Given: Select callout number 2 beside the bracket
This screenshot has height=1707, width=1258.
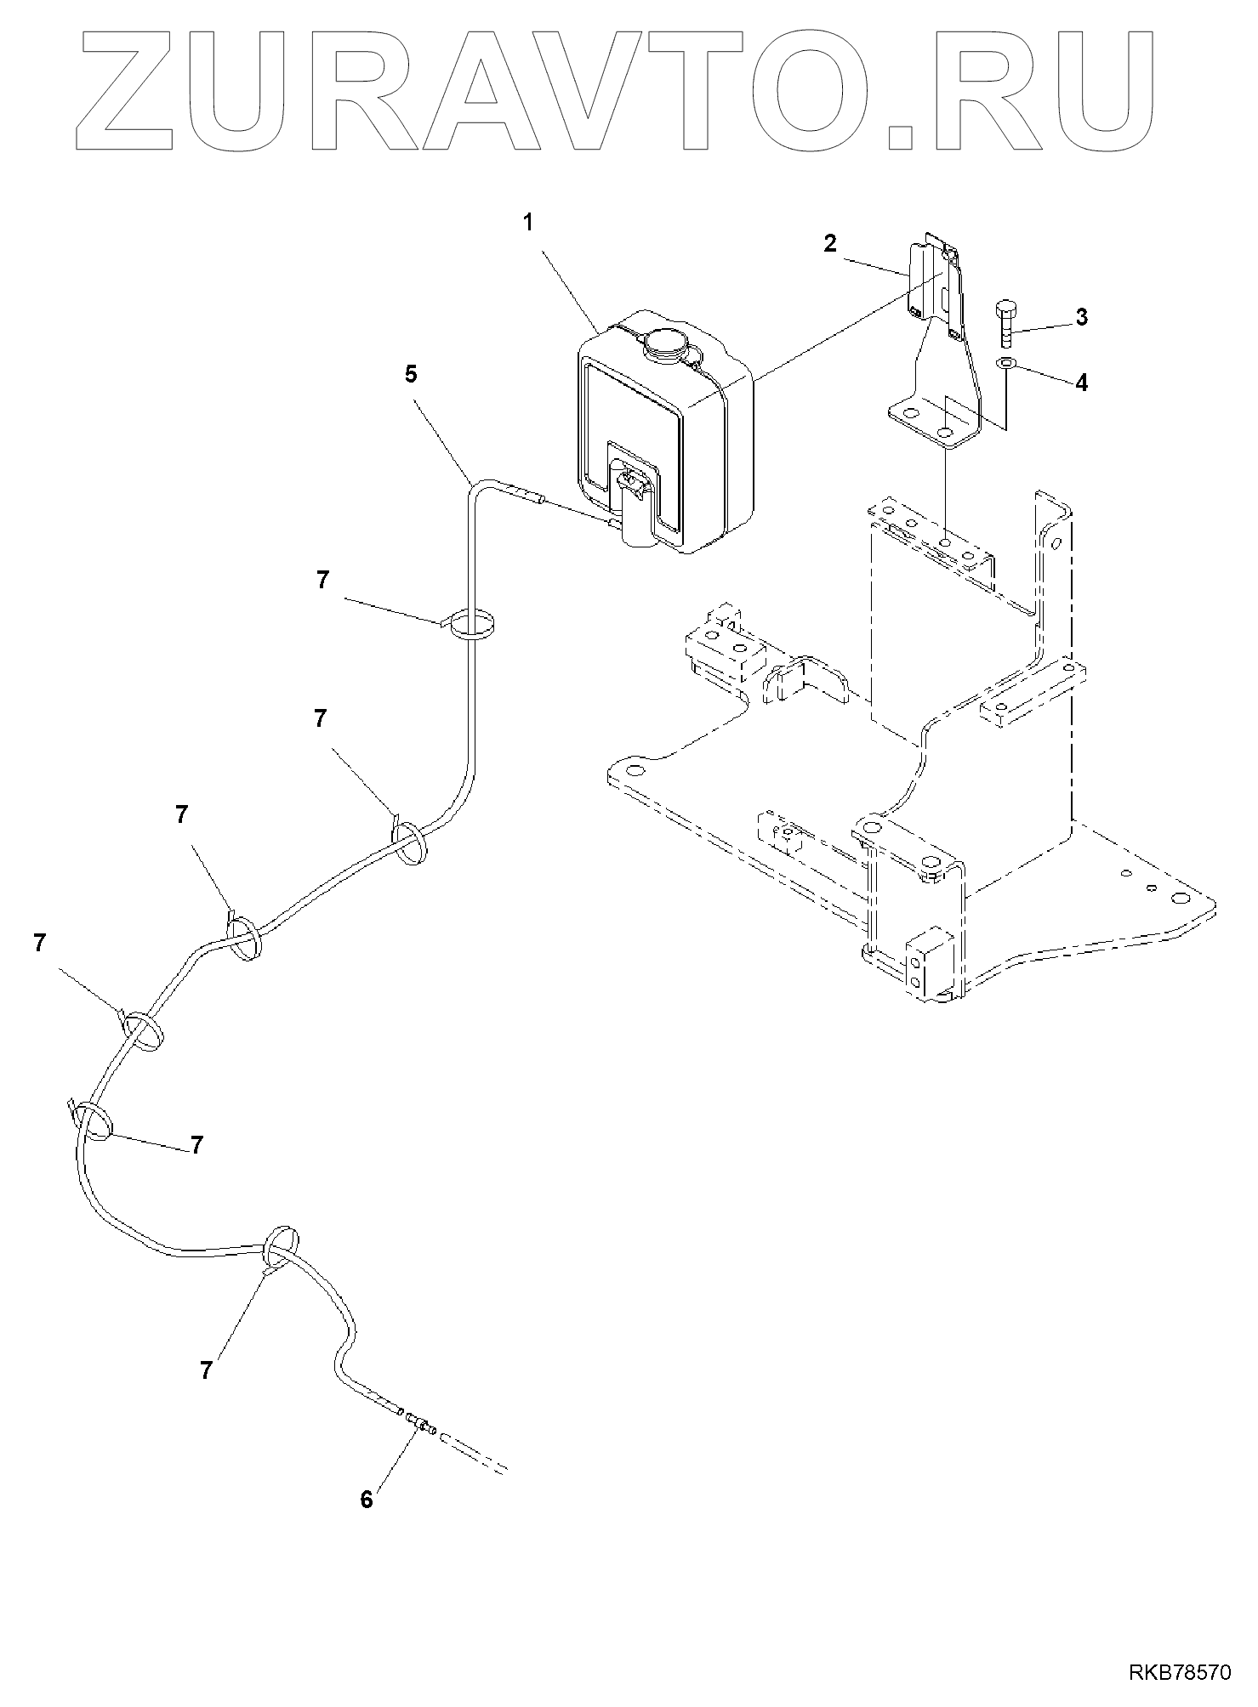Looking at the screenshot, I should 830,243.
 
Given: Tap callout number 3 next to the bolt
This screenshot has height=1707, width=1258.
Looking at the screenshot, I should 1081,317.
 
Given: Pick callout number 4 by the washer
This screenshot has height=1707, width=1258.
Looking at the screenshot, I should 1081,383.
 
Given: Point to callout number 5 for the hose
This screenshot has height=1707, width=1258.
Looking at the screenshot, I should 412,375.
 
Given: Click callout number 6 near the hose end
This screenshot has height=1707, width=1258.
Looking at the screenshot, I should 367,1500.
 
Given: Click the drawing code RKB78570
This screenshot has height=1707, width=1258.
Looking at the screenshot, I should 1180,1674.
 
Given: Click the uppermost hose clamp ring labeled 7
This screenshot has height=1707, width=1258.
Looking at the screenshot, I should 473,626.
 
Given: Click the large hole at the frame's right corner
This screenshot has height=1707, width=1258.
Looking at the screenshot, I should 1180,899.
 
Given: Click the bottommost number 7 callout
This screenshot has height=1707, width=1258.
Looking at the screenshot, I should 207,1370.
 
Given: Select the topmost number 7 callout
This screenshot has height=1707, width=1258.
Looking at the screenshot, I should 322,581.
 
